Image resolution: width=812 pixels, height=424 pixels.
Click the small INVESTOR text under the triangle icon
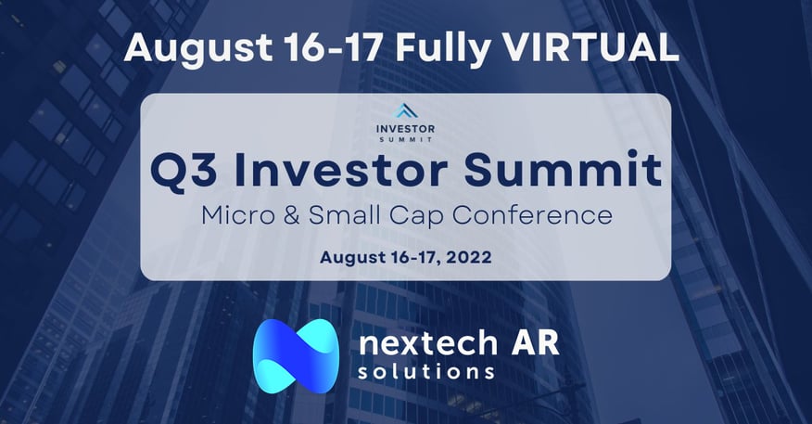(407, 127)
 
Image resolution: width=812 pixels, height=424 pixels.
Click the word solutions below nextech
(427, 372)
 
